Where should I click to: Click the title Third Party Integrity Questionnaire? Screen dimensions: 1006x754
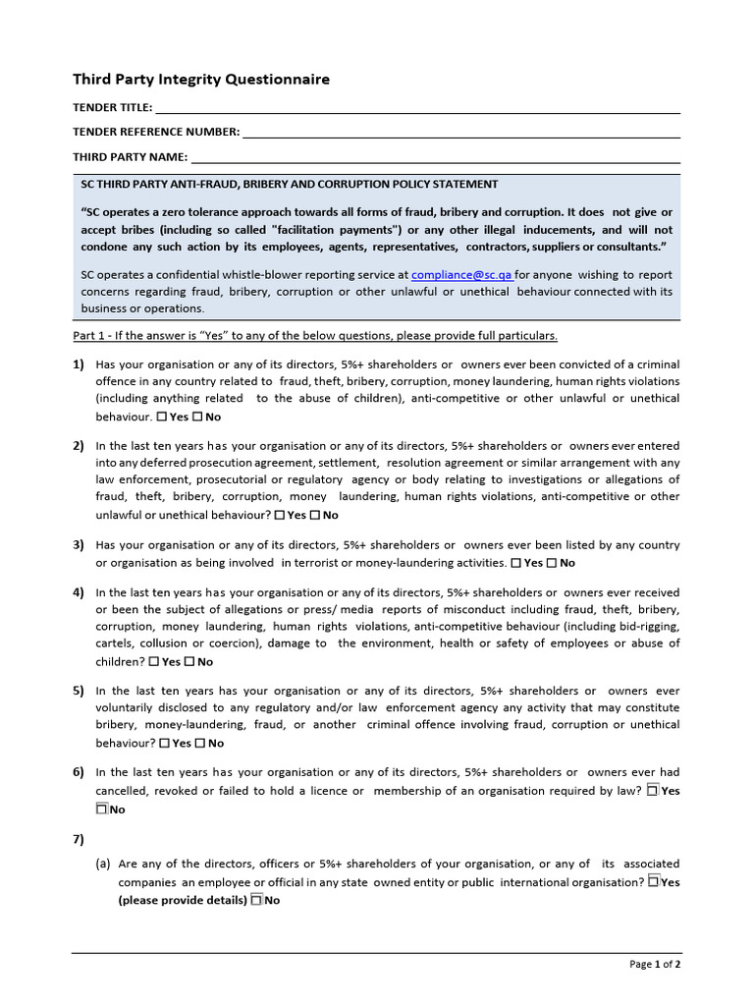click(x=201, y=80)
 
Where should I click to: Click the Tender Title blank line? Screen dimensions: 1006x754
click(x=417, y=108)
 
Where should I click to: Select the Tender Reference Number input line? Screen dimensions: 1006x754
click(x=460, y=133)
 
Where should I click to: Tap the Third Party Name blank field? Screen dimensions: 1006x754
click(x=435, y=157)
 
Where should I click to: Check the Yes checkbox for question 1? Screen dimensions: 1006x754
click(x=163, y=417)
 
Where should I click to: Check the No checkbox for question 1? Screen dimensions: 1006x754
click(x=197, y=417)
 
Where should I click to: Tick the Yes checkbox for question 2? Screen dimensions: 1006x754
click(x=280, y=515)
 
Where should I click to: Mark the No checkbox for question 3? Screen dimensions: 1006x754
click(x=551, y=563)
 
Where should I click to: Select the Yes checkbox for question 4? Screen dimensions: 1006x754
click(x=154, y=662)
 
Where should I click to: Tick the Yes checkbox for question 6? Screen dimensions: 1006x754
click(x=653, y=791)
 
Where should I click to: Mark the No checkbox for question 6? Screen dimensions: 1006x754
click(x=101, y=810)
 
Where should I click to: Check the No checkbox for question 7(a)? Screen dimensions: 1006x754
click(x=256, y=900)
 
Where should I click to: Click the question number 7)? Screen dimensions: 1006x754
click(x=79, y=839)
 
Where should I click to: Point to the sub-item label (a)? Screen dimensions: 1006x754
click(x=103, y=865)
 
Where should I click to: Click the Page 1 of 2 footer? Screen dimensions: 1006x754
click(x=655, y=965)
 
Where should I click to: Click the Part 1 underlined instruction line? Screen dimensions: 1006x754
click(x=315, y=336)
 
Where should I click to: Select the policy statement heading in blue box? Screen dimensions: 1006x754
click(x=289, y=184)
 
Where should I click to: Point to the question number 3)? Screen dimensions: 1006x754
click(x=79, y=545)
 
